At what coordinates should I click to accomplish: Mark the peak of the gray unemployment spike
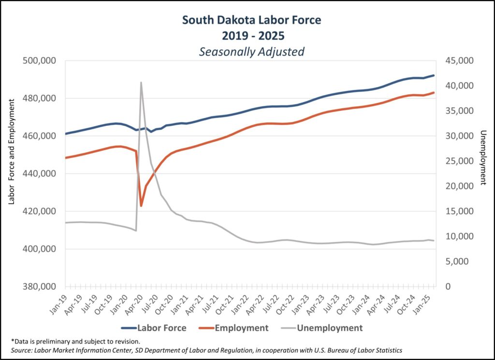[x=141, y=82]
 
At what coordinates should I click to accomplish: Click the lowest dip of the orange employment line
[x=141, y=206]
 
